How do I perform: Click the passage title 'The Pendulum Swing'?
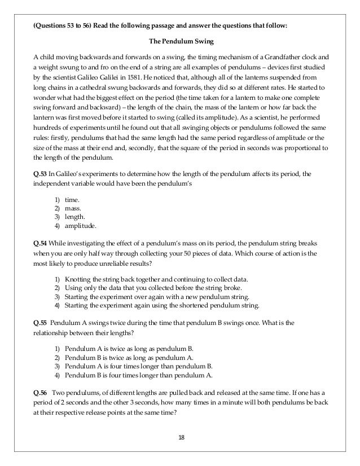pyautogui.click(x=179, y=42)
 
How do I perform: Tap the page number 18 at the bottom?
pyautogui.click(x=179, y=437)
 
